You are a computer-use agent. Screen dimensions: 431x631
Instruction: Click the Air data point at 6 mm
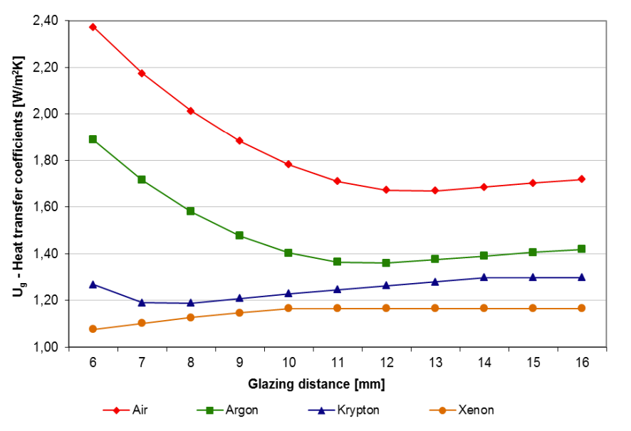click(x=93, y=27)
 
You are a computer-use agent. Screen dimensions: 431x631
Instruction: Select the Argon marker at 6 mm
click(x=93, y=139)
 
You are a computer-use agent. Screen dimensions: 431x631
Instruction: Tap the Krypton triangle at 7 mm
click(x=142, y=302)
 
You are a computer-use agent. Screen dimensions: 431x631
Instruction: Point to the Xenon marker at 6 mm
click(x=93, y=329)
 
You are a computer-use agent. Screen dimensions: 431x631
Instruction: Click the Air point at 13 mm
click(x=435, y=191)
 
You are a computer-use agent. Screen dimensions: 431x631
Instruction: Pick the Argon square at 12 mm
click(x=386, y=262)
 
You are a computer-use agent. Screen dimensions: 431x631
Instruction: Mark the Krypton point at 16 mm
click(x=582, y=277)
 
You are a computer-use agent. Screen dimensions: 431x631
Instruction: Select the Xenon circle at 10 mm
click(x=288, y=308)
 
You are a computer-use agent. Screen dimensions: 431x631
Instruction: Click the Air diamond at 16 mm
click(x=582, y=179)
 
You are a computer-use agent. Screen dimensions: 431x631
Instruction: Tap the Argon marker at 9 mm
click(x=239, y=235)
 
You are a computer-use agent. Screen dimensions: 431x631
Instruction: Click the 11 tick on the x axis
click(x=337, y=363)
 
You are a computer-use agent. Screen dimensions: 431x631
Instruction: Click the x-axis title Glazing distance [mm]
click(x=316, y=385)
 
